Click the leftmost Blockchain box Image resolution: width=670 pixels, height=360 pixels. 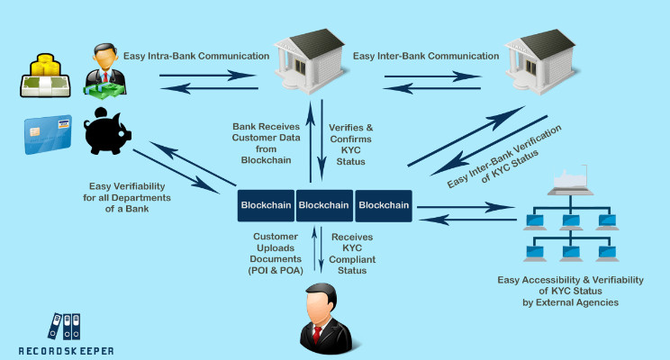266,205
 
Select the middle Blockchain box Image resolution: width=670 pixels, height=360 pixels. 324,205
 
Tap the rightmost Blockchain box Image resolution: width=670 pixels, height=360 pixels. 384,205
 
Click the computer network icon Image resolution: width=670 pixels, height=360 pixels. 569,218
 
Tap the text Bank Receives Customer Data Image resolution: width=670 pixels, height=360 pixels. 269,143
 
